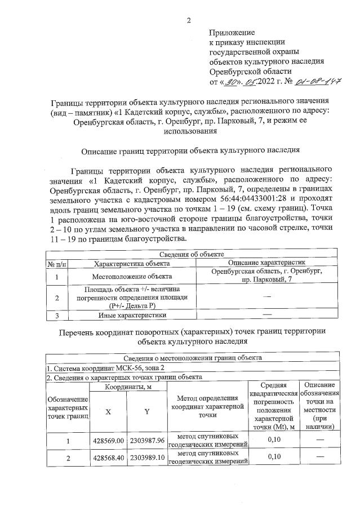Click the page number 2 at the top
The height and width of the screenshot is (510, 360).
(189, 21)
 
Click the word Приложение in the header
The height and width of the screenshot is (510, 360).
(232, 32)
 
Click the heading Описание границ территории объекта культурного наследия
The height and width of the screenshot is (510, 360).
(190, 150)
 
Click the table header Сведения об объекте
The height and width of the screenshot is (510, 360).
(192, 255)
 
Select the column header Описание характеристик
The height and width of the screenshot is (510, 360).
(266, 263)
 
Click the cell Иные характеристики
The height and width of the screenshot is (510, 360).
(131, 314)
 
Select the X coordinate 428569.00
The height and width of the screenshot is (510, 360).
(109, 441)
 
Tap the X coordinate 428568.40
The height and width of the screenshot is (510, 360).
(109, 458)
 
